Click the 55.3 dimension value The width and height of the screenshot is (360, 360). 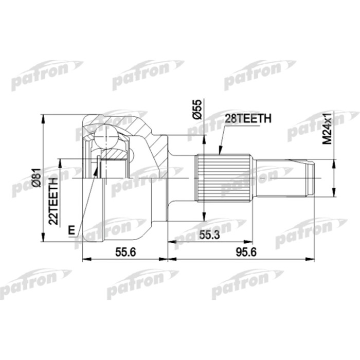coord(208,235)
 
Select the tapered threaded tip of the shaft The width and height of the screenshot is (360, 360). coord(308,178)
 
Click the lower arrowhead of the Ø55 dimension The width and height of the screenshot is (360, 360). coord(204,218)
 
